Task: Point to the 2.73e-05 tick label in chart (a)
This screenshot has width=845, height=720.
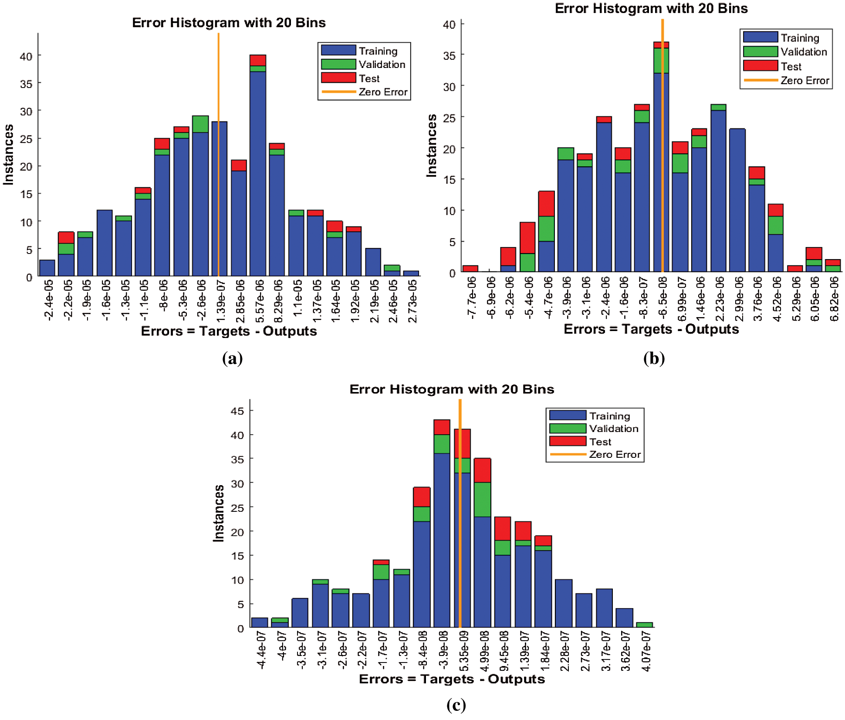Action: [x=412, y=301]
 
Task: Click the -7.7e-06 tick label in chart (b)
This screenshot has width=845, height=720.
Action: [x=471, y=298]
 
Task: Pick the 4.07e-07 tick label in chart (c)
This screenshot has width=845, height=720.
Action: [x=646, y=651]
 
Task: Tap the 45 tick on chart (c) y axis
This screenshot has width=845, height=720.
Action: [x=237, y=411]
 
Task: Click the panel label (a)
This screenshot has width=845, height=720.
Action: [x=232, y=358]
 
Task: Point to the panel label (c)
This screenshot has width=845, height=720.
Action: [x=456, y=704]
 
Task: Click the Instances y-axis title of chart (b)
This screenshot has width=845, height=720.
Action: [x=431, y=145]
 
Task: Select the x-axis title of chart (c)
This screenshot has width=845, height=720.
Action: [x=452, y=679]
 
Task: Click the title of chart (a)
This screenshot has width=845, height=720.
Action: [x=229, y=23]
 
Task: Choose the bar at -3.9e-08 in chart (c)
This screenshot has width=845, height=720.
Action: [x=442, y=540]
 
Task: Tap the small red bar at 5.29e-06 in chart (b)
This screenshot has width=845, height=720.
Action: [x=795, y=269]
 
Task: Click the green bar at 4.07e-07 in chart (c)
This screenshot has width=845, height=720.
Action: [x=644, y=625]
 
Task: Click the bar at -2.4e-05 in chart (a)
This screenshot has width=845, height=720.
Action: [x=47, y=268]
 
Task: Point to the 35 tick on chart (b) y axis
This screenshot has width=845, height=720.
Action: [x=449, y=55]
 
